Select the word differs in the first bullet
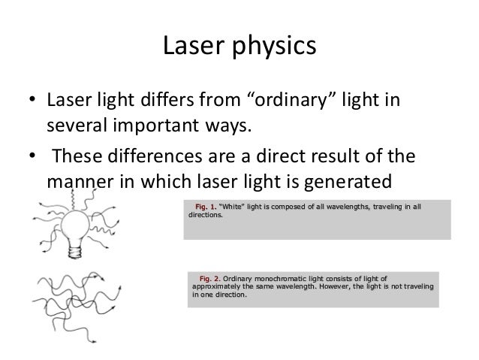[169, 100]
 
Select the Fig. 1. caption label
[204, 206]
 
